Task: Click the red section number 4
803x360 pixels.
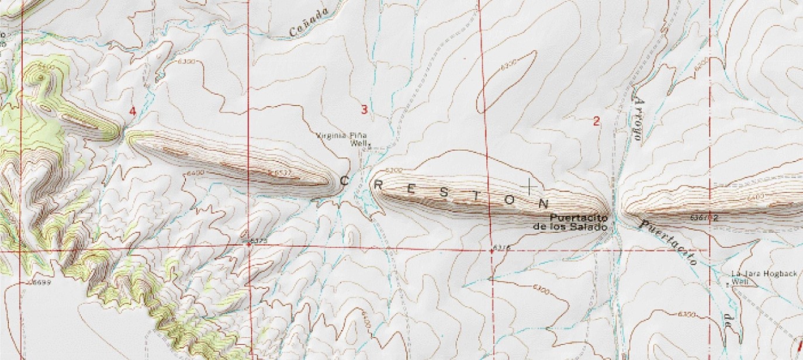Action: (133, 111)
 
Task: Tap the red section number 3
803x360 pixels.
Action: (364, 109)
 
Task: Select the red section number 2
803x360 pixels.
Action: (596, 122)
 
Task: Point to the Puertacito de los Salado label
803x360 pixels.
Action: (579, 222)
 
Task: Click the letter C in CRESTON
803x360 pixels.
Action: (345, 181)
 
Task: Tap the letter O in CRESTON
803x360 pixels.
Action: (509, 200)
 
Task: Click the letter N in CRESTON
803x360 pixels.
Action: (544, 204)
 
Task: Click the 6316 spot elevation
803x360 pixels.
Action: (502, 247)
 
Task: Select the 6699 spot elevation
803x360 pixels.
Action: (34, 282)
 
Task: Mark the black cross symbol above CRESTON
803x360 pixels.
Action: (529, 186)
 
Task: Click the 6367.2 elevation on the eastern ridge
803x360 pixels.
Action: (705, 217)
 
